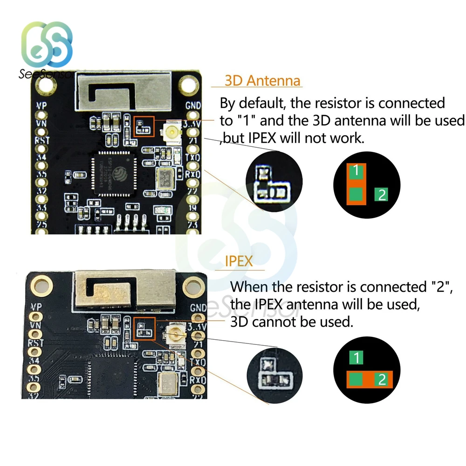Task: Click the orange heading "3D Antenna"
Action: tap(262, 81)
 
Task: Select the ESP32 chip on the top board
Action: tap(113, 170)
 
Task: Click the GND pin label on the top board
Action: tap(192, 105)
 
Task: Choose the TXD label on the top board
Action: tap(192, 158)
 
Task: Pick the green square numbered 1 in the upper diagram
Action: tap(356, 171)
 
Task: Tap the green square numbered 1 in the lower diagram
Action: tap(356, 358)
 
